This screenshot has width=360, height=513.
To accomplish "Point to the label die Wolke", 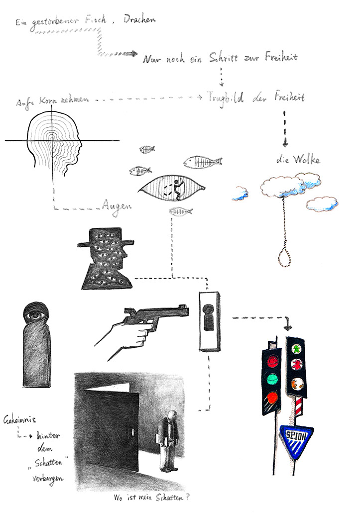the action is [x=298, y=161].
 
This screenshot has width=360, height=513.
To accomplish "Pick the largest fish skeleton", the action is [x=203, y=162].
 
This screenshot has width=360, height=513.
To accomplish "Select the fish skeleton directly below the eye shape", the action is [x=180, y=211].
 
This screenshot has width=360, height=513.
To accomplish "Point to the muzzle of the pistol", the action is [x=185, y=308].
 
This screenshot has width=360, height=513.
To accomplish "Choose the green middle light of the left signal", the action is [x=272, y=379].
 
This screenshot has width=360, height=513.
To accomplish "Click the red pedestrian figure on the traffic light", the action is [x=296, y=366].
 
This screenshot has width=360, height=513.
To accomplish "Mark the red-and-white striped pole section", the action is [x=299, y=410].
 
